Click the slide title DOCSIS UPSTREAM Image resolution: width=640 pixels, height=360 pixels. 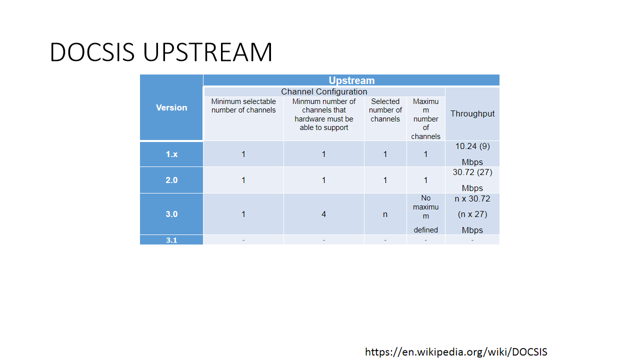(161, 52)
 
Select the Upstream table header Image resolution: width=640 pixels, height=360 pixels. (351, 80)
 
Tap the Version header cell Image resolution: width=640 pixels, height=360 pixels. (171, 107)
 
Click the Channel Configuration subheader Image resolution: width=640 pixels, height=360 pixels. (324, 91)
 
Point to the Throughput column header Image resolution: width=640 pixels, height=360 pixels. (472, 113)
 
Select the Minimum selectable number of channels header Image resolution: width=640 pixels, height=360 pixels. (243, 105)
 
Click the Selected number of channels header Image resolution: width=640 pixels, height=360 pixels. (385, 110)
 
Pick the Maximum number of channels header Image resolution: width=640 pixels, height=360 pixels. (425, 119)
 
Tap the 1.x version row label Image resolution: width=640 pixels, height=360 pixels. (171, 154)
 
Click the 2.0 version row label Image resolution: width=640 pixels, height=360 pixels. (171, 180)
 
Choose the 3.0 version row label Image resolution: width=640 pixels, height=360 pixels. (171, 214)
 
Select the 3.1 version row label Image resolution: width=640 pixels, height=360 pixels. (171, 240)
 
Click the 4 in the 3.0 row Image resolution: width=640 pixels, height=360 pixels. (323, 214)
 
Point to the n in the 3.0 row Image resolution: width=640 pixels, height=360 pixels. (385, 214)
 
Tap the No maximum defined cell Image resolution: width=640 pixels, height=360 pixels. (425, 214)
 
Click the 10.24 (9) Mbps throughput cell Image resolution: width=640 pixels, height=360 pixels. (472, 154)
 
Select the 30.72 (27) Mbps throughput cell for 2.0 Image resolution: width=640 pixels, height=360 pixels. (472, 180)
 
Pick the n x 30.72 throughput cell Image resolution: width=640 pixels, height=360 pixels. (472, 214)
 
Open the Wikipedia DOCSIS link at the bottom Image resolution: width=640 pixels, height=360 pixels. (456, 351)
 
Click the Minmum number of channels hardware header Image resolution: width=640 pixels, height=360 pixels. (323, 114)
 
